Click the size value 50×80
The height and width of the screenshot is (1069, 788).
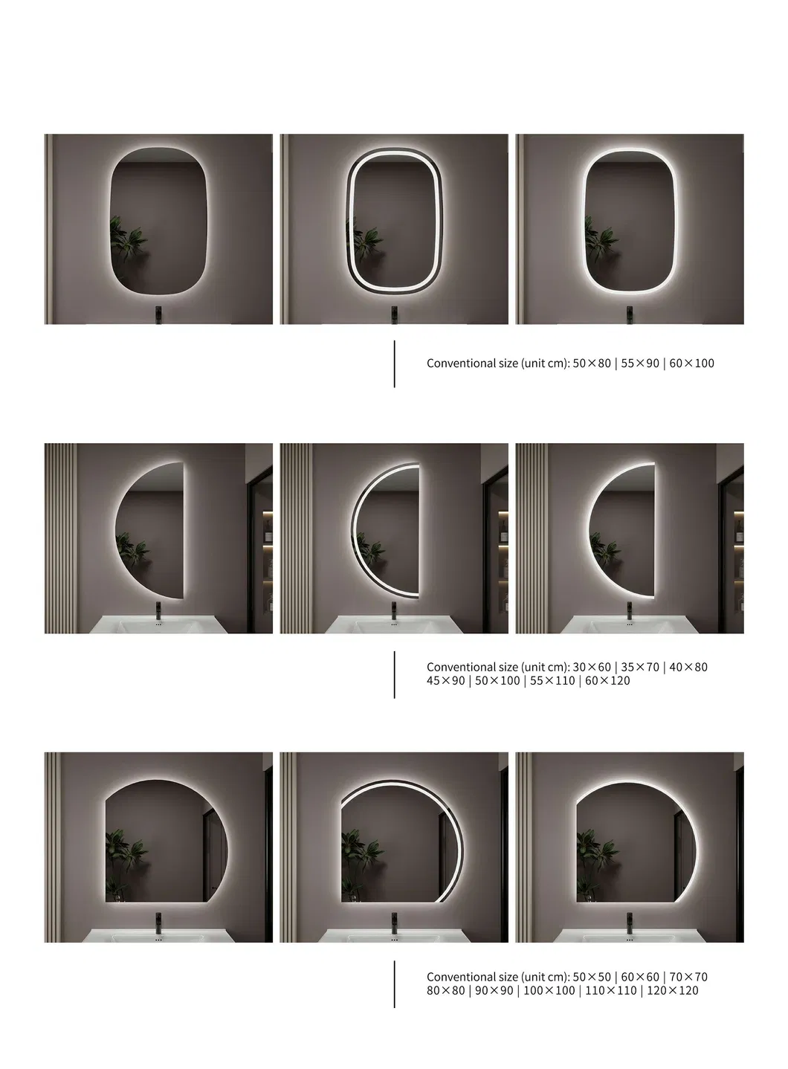click(x=592, y=364)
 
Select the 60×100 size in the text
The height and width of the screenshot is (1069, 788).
click(x=691, y=364)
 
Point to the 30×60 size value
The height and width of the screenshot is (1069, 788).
click(x=592, y=667)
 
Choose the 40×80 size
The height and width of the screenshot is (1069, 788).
click(x=688, y=667)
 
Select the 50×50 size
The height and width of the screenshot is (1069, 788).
click(x=592, y=977)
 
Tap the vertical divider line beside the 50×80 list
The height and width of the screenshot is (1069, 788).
click(x=394, y=364)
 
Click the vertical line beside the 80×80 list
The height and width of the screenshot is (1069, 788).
click(x=394, y=984)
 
